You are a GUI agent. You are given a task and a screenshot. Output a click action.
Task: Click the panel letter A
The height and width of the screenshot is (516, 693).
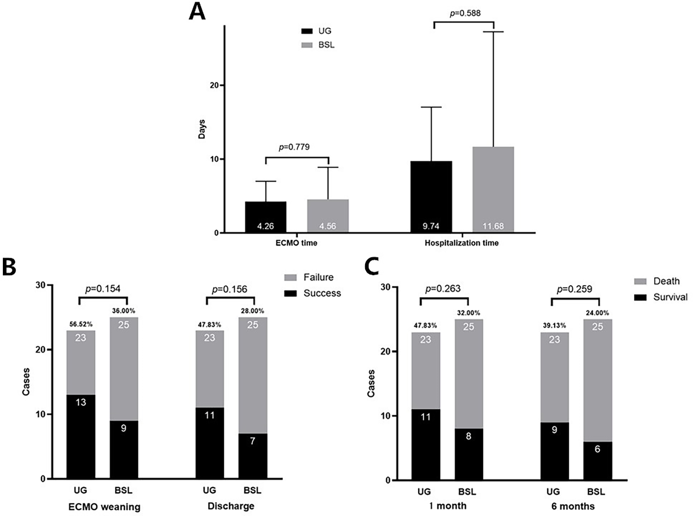[x=197, y=11]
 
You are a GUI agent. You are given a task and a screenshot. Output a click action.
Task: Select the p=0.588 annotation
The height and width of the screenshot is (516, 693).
[x=465, y=13]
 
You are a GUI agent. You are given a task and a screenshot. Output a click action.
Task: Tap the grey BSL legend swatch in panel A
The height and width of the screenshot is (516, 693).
[x=307, y=45]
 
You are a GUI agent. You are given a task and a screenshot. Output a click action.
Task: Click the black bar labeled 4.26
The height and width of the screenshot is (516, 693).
[x=265, y=217]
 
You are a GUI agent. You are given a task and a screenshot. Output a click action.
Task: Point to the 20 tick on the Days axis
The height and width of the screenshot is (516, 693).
[x=214, y=85]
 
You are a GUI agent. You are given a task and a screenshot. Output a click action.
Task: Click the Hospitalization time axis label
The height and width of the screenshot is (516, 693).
[x=462, y=243]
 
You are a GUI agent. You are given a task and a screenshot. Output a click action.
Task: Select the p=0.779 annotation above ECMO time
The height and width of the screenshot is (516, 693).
[x=294, y=147]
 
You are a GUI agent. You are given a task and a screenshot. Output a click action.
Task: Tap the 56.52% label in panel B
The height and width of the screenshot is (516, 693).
[x=81, y=324]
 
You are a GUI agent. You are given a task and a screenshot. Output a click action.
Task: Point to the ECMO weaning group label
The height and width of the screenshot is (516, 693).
[x=104, y=507]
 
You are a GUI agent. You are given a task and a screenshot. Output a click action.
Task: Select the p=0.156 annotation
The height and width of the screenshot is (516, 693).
[x=229, y=289]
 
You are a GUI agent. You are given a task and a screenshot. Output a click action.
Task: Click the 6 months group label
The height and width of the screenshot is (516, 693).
[x=573, y=506]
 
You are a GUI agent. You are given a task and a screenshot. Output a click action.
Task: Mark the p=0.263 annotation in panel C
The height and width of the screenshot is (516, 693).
[x=443, y=289]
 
